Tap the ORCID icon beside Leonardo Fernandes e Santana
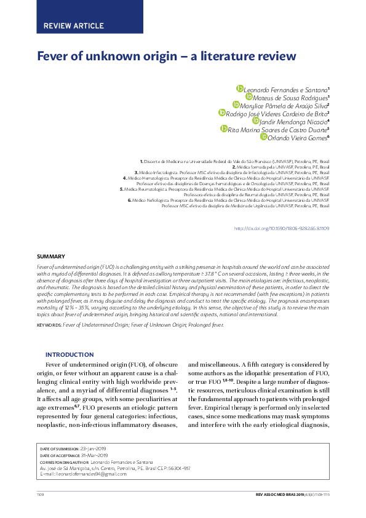point(240,89)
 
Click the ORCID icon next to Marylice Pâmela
point(236,105)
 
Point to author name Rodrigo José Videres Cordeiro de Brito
point(277,113)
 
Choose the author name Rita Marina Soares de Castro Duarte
point(277,129)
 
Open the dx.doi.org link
point(282,228)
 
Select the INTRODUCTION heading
point(70,354)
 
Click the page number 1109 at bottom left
point(41,494)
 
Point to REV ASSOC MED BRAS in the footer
point(277,494)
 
